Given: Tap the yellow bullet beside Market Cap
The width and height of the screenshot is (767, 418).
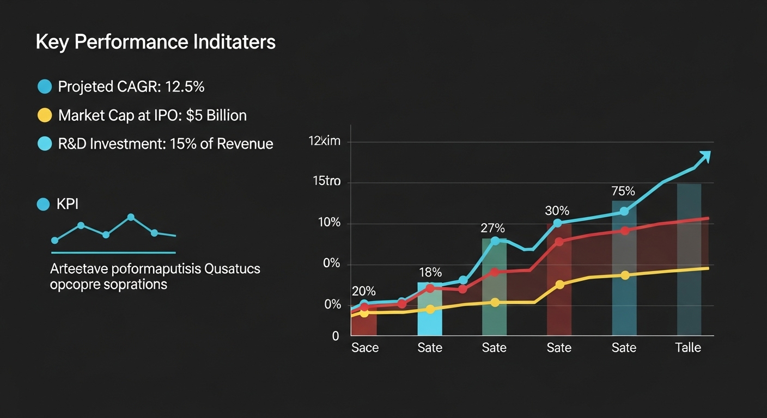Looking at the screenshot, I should (44, 115).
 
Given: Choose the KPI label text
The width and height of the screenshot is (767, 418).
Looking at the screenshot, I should (68, 205).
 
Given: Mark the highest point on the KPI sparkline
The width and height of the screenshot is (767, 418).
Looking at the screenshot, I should (131, 217).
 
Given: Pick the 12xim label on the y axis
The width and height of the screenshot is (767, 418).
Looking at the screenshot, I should (324, 142).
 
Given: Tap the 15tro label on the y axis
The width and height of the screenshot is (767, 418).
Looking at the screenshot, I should (326, 182).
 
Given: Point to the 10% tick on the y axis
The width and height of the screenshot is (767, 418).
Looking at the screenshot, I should (328, 223).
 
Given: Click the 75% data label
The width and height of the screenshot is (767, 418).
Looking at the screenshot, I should (623, 192).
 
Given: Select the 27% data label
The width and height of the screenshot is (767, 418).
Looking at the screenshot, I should (493, 228).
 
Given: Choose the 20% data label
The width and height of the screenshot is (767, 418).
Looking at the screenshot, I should (364, 291).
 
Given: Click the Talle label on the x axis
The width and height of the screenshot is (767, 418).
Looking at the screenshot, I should (688, 348).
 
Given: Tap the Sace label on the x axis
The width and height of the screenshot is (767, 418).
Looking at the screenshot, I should (365, 348).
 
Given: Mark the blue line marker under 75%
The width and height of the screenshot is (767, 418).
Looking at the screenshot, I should (624, 211).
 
